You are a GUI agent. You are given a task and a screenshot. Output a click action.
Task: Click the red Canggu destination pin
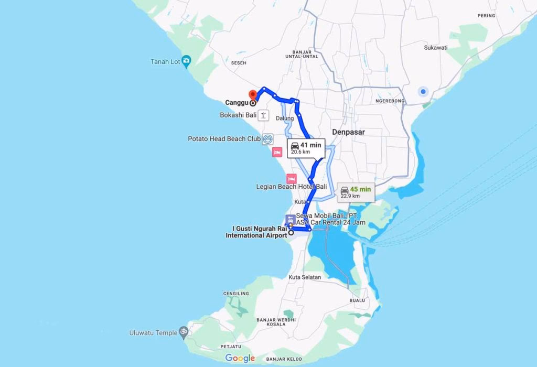pyautogui.click(x=252, y=95)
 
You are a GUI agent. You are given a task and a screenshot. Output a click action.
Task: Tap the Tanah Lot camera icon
pyautogui.click(x=186, y=61)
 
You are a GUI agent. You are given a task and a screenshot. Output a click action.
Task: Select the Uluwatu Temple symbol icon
pyautogui.click(x=183, y=332)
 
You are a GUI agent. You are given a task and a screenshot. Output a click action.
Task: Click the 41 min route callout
pyautogui.click(x=306, y=148)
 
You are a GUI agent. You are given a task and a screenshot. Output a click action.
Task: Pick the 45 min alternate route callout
pyautogui.click(x=356, y=192)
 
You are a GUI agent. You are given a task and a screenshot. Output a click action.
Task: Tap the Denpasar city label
pyautogui.click(x=348, y=132)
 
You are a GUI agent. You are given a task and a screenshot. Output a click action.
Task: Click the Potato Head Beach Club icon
pyautogui.click(x=268, y=139)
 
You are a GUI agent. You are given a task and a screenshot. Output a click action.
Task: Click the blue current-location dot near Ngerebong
pyautogui.click(x=423, y=92)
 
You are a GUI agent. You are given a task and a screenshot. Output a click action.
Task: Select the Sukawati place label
pyautogui.click(x=436, y=48)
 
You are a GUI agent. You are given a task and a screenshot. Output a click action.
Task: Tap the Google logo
pyautogui.click(x=240, y=358)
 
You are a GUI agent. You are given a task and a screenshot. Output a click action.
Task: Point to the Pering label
pyautogui.click(x=486, y=16)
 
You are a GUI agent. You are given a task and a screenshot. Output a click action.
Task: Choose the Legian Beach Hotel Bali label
pyautogui.click(x=292, y=187)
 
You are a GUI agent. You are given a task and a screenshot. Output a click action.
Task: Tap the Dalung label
pyautogui.click(x=285, y=118)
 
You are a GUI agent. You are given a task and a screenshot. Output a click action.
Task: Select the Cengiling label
pyautogui.click(x=236, y=294)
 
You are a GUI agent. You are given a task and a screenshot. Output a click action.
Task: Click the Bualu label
pyautogui.click(x=357, y=300)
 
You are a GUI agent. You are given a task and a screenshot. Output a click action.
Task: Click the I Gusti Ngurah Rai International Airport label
pyautogui.click(x=256, y=232)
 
